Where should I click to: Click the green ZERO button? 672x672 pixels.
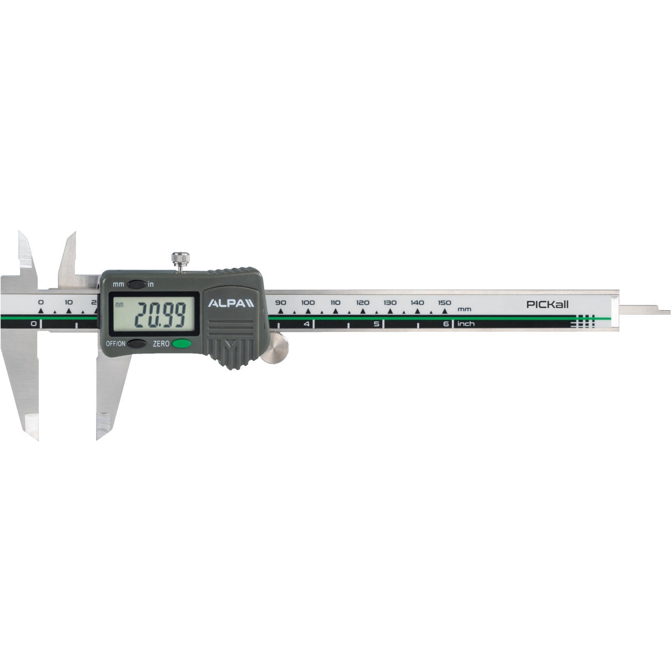[x=181, y=343]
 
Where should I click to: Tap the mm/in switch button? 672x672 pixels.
[x=137, y=284]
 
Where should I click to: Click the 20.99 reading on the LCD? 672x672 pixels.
[x=160, y=315]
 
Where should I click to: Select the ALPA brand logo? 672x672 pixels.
[x=231, y=303]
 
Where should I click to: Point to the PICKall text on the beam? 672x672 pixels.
[x=547, y=304]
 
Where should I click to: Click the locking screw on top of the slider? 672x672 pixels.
[x=180, y=259]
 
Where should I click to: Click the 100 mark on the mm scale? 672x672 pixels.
[x=308, y=302]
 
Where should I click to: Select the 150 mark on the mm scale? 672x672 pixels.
[x=445, y=302]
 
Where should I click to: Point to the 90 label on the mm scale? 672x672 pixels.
[x=280, y=302]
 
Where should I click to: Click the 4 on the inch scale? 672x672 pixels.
[x=307, y=324]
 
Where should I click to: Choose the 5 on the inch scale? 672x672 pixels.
[x=376, y=324]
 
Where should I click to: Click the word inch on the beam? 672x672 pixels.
[x=466, y=324]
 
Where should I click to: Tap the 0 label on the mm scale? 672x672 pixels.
[x=41, y=302]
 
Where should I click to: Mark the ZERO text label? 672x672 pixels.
[x=161, y=344]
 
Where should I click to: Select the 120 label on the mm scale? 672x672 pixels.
[x=362, y=302]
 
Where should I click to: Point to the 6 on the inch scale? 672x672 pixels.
[x=446, y=324]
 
